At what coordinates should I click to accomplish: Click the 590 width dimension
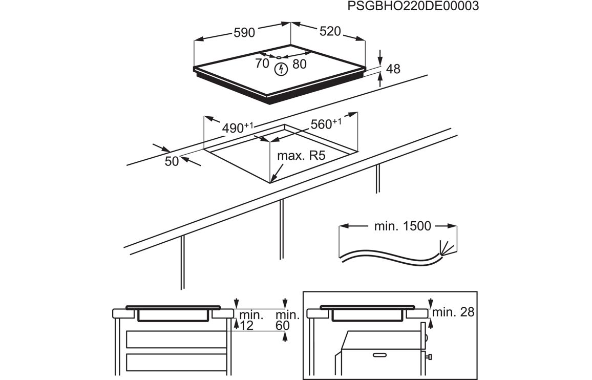pyautogui.click(x=244, y=33)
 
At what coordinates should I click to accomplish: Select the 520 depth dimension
pyautogui.click(x=330, y=32)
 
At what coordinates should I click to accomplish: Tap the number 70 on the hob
pyautogui.click(x=262, y=64)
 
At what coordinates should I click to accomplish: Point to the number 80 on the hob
pyautogui.click(x=300, y=65)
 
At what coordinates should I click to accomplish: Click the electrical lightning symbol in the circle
pyautogui.click(x=280, y=69)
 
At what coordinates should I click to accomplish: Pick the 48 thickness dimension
pyautogui.click(x=393, y=69)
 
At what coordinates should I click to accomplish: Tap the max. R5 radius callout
pyautogui.click(x=301, y=156)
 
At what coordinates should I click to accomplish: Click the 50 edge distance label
pyautogui.click(x=172, y=161)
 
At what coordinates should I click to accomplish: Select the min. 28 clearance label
pyautogui.click(x=453, y=312)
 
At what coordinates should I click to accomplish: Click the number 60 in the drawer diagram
pyautogui.click(x=282, y=325)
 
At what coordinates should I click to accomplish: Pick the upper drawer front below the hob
pyautogui.click(x=176, y=339)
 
